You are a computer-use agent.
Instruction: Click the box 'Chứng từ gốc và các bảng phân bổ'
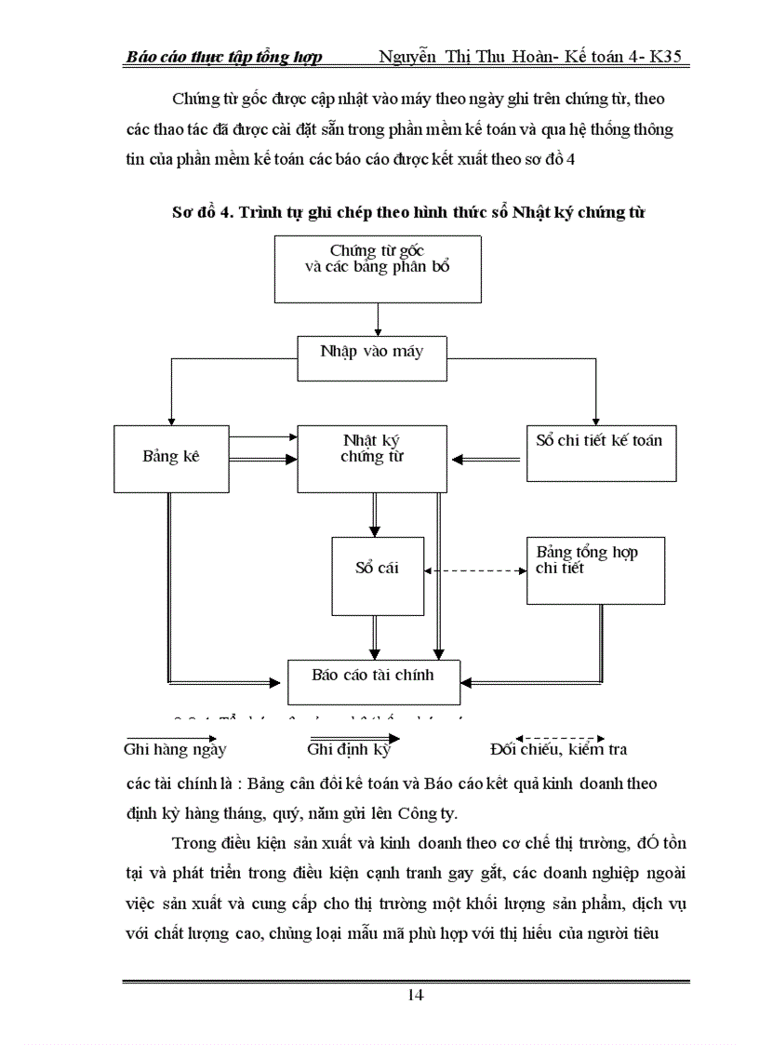(378, 268)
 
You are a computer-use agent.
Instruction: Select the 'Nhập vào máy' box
(371, 352)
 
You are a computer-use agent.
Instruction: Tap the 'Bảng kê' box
(171, 458)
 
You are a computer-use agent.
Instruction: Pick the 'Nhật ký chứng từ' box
(371, 458)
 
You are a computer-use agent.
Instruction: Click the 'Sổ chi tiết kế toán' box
(600, 452)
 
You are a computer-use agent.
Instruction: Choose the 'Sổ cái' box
(377, 568)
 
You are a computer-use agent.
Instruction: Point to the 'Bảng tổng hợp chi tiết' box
(595, 569)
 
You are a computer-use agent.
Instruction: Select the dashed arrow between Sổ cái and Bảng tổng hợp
(473, 570)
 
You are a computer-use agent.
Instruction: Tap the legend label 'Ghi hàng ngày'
(176, 749)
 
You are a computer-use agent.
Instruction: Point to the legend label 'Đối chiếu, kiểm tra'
(558, 749)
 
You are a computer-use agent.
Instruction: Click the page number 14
(416, 995)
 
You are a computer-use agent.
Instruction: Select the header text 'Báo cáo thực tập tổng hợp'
(224, 58)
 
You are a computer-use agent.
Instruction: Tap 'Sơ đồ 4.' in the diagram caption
(205, 212)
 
